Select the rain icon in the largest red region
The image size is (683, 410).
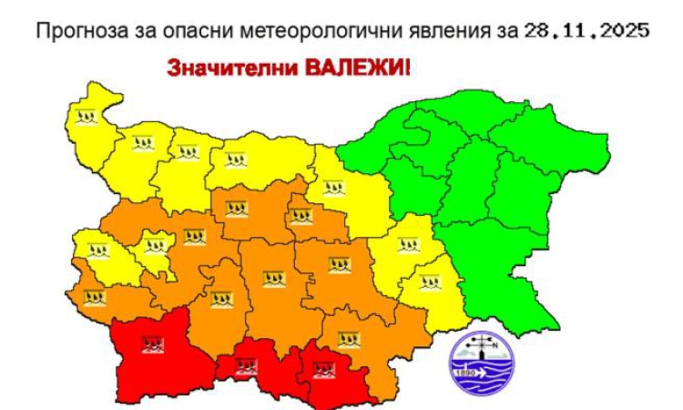[x=152, y=344]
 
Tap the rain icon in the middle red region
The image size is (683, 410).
[x=244, y=366]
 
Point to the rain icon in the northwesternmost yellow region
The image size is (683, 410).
[x=87, y=115]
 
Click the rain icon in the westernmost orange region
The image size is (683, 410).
[x=94, y=297]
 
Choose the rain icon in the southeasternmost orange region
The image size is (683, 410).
[x=349, y=340]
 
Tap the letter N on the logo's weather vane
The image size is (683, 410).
[x=494, y=343]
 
